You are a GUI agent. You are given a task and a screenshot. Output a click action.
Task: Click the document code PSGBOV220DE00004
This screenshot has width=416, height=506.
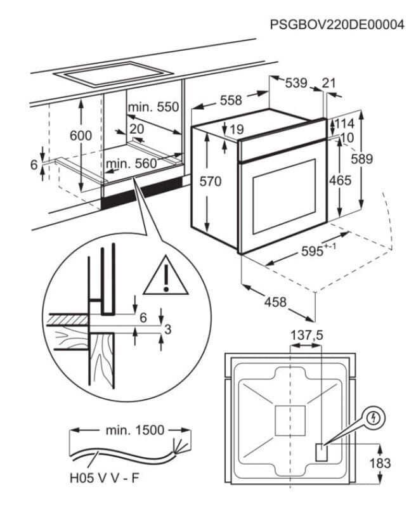[337, 25]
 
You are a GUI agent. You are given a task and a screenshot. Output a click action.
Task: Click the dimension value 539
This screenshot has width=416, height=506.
[296, 83]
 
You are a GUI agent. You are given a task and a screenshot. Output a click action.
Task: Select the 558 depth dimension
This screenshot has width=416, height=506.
[231, 100]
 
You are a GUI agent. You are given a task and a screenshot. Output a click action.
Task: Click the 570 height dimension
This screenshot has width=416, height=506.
[210, 182]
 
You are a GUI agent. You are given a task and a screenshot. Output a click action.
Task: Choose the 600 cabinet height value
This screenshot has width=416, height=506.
[81, 136]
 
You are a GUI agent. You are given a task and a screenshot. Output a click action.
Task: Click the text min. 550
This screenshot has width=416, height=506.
[153, 107]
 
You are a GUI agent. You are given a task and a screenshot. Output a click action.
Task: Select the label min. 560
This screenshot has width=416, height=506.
[131, 164]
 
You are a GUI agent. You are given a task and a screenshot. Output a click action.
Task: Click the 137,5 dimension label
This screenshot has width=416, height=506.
[306, 335]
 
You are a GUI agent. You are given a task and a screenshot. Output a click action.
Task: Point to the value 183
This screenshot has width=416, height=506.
[380, 464]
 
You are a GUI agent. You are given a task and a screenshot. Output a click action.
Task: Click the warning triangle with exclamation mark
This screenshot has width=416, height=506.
[166, 276]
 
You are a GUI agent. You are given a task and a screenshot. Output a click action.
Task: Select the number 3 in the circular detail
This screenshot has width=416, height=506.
[167, 328]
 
